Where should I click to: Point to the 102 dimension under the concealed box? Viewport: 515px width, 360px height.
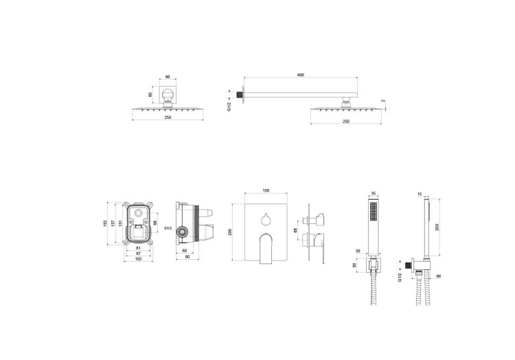click(x=138, y=260)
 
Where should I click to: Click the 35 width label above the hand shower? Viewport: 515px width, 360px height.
click(x=373, y=194)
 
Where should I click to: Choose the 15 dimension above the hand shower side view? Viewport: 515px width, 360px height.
click(x=420, y=194)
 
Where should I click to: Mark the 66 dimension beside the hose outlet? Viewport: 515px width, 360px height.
click(x=437, y=275)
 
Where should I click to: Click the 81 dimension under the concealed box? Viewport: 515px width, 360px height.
click(x=138, y=247)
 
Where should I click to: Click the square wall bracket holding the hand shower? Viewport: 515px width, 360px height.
click(x=373, y=265)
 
